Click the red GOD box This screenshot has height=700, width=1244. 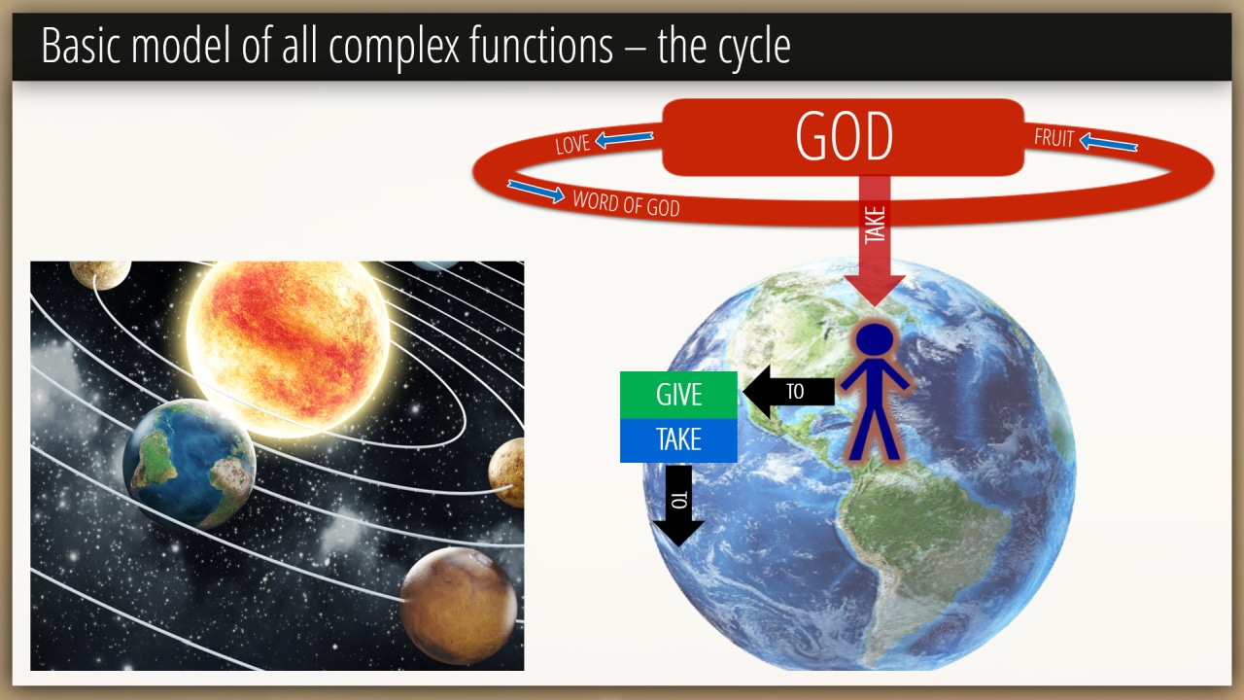(x=843, y=137)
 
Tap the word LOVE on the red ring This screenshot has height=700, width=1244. (x=572, y=145)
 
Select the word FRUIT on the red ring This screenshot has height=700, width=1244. (x=1054, y=138)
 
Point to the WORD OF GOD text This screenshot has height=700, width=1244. (x=627, y=203)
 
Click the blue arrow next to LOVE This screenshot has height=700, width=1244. (x=624, y=138)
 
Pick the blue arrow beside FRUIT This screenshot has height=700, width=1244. (x=1109, y=143)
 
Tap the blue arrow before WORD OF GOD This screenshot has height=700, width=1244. (x=536, y=192)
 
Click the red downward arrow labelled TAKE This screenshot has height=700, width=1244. (x=875, y=240)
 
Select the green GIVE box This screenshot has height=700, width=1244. (x=678, y=395)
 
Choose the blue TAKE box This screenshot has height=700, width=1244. (x=678, y=440)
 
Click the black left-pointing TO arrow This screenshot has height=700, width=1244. (x=788, y=392)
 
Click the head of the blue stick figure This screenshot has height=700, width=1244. (x=875, y=339)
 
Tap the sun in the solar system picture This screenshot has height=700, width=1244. (x=287, y=347)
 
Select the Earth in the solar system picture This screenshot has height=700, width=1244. (x=189, y=464)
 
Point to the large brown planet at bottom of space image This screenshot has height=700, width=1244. (x=458, y=606)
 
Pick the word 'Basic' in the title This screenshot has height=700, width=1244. (x=81, y=45)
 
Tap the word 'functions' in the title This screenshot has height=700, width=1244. (x=541, y=45)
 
